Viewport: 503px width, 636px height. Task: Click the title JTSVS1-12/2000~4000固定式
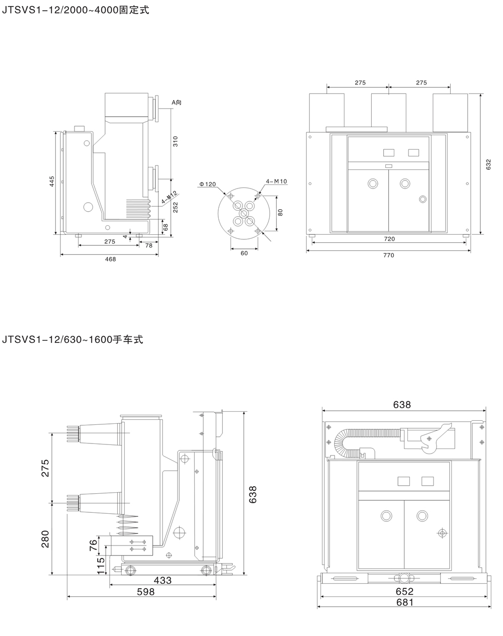75,11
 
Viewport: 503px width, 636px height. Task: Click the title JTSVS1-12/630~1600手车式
72,340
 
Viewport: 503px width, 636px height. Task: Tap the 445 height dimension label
52,181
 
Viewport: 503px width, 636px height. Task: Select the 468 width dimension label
110,259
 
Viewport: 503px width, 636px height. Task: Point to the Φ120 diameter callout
207,185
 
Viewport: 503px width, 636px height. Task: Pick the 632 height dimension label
488,164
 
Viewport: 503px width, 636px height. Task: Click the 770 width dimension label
388,255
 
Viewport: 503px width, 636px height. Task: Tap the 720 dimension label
389,239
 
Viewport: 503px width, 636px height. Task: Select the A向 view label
176,103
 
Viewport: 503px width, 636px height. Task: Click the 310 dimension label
176,142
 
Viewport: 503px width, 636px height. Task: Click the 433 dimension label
162,581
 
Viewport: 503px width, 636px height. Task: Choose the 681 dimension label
404,602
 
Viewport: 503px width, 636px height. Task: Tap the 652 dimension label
404,591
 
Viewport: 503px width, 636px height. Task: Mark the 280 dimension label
45,539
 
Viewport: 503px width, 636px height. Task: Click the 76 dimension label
94,545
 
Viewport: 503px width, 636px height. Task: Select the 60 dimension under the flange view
244,253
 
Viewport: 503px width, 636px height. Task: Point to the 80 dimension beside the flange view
281,212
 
